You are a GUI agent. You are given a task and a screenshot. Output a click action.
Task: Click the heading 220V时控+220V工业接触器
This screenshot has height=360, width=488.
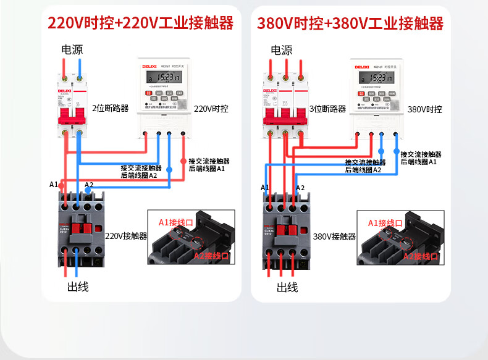pyautogui.click(x=141, y=23)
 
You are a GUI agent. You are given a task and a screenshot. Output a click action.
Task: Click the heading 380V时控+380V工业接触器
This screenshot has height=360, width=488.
pyautogui.click(x=350, y=23)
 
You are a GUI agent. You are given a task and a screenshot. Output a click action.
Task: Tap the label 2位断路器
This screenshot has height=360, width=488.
pyautogui.click(x=111, y=108)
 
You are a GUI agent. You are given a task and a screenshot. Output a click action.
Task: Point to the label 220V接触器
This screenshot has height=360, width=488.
pyautogui.click(x=126, y=236)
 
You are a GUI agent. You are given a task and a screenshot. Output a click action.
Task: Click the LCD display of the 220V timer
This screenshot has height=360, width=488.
pyautogui.click(x=164, y=77)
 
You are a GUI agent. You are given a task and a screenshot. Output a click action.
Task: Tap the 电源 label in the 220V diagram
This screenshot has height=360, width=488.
pyautogui.click(x=72, y=49)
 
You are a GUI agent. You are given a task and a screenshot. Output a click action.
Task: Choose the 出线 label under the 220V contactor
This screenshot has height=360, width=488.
pyautogui.click(x=78, y=287)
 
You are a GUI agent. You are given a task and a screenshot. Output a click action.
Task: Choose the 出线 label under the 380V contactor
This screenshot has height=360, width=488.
pyautogui.click(x=287, y=287)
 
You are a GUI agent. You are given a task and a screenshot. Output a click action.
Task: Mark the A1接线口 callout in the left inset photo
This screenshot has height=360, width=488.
pyautogui.click(x=176, y=222)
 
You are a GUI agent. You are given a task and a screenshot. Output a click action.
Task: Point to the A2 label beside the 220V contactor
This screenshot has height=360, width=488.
pyautogui.click(x=89, y=185)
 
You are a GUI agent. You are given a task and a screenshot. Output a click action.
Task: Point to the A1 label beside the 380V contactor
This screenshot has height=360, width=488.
pyautogui.click(x=265, y=187)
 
